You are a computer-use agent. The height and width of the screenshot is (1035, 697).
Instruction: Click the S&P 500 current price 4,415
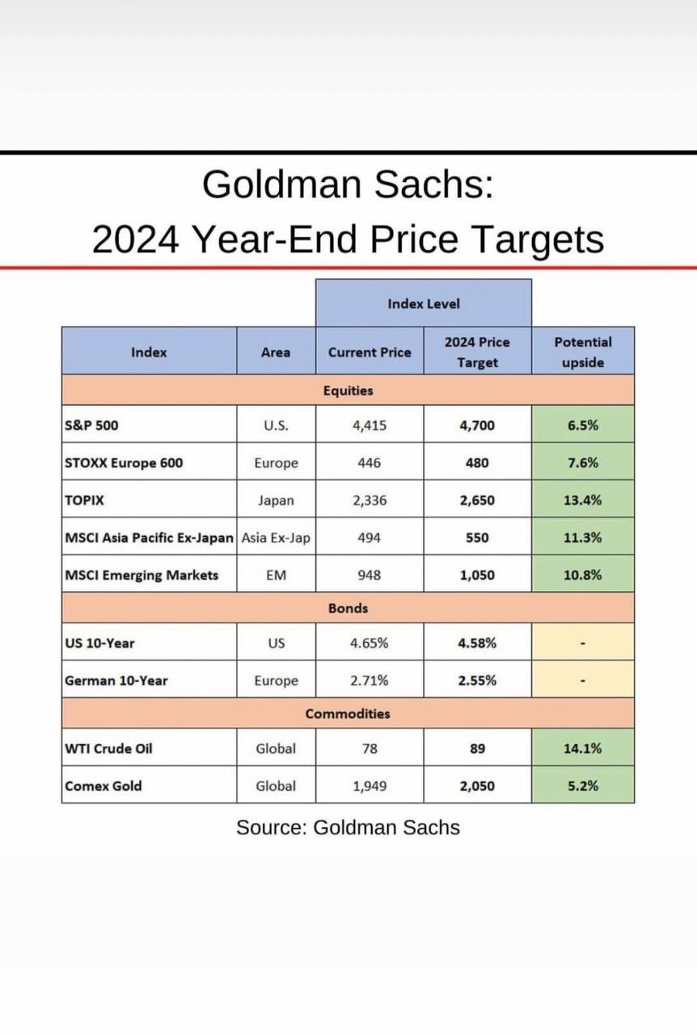(x=370, y=425)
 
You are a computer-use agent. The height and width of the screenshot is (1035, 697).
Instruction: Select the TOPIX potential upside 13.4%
(x=582, y=500)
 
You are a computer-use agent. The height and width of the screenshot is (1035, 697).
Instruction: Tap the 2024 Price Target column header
(x=477, y=352)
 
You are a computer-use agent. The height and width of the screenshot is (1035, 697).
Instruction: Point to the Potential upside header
(x=582, y=352)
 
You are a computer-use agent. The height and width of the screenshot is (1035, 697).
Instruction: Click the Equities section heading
(x=348, y=391)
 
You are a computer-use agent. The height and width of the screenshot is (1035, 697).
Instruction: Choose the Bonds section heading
(x=348, y=608)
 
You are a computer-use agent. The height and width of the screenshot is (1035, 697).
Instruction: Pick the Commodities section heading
(x=348, y=714)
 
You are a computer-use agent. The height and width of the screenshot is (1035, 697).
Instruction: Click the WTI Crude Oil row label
(x=108, y=749)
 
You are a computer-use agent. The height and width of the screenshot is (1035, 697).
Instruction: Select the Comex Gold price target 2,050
(x=477, y=786)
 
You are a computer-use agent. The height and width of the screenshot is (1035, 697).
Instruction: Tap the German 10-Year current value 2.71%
(x=370, y=681)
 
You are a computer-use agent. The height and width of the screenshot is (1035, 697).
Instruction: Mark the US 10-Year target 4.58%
(x=477, y=644)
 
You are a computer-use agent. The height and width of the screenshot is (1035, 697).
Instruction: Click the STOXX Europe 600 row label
(x=123, y=463)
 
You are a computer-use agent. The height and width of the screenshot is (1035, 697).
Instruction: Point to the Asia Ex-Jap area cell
(x=276, y=538)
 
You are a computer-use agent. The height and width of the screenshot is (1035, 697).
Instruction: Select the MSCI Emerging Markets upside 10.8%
(x=582, y=576)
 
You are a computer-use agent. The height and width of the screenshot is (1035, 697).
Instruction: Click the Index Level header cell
(x=423, y=304)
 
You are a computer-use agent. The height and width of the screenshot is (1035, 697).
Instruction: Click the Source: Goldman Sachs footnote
(x=348, y=827)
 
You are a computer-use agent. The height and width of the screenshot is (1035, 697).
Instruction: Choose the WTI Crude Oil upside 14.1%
(x=582, y=749)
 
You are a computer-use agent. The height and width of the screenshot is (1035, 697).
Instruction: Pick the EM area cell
(x=276, y=576)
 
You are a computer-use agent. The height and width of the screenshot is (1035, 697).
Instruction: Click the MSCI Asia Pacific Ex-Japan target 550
(x=477, y=538)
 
